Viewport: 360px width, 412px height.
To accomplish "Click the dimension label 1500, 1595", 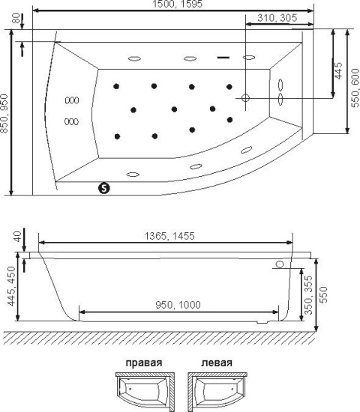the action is coord(178,4).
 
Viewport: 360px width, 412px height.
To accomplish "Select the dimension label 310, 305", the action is coord(277,18).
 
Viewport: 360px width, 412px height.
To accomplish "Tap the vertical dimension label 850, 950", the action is coord(4,114).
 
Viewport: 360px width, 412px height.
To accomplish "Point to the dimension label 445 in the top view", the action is coord(338,70).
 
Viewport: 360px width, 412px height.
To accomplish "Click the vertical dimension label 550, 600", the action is coord(355,88).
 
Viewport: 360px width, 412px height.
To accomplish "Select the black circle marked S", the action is coord(104,188).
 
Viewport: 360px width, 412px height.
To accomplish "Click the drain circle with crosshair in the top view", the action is coord(245,98).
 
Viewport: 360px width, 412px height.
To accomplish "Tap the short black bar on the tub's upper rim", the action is coord(223,57).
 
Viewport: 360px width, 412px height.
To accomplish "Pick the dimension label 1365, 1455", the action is coord(169,236).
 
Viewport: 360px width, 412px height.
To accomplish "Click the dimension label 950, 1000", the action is coord(178,305).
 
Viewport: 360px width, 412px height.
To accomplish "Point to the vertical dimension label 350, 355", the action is coord(308,294).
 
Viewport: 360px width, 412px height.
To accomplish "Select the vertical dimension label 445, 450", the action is coord(11,286).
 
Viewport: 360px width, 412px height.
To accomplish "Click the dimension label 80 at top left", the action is coord(16,19).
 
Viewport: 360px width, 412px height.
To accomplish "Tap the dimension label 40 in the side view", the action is coord(16,237).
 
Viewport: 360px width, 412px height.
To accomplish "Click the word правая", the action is coord(144,363).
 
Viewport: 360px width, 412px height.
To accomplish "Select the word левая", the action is coord(217,363).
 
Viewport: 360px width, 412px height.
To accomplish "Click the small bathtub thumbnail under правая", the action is coord(145,392).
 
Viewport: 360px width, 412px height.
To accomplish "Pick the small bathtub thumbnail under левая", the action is coord(217,392).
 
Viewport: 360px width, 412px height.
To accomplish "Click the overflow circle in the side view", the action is coord(280,264).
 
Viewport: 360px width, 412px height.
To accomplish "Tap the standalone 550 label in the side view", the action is coord(324,294).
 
